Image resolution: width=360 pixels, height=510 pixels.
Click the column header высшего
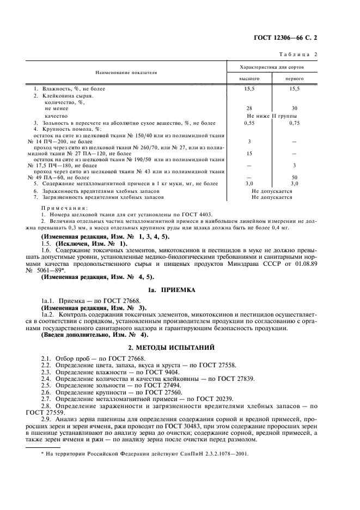pos(249,78)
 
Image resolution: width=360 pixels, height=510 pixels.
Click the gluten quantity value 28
pos(249,108)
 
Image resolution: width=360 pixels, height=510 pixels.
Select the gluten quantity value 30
pos(295,108)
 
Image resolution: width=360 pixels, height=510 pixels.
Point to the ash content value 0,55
pos(249,124)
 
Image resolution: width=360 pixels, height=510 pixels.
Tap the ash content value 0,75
pos(295,124)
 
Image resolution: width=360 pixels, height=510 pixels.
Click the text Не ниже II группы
pos(272,116)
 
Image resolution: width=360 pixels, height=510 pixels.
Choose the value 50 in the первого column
pos(295,178)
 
